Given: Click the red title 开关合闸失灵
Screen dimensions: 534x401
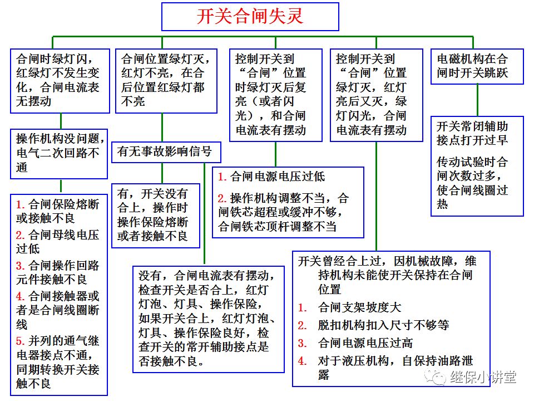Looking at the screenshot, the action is [250, 16].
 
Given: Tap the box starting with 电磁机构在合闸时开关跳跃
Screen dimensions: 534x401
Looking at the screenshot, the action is [477, 66].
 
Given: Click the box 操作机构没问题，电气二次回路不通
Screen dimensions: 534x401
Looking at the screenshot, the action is [59, 153].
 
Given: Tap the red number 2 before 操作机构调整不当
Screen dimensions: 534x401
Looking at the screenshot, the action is [221, 199].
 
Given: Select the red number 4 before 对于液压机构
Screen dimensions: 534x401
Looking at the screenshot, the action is [302, 361].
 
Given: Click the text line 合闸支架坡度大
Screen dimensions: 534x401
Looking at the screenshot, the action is [359, 307].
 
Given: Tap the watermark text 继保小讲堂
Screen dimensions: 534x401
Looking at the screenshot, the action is [483, 377].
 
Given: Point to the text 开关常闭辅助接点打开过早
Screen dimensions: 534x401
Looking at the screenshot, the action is [472, 133].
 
